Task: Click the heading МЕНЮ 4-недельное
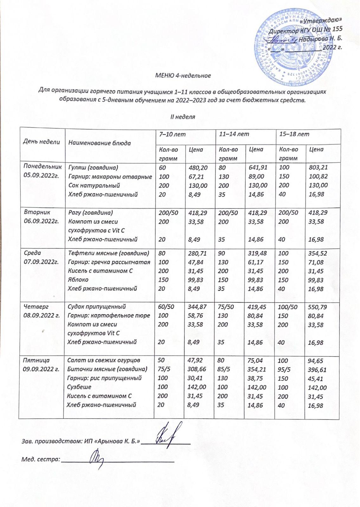[183, 76]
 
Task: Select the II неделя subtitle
[183, 117]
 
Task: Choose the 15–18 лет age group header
[294, 134]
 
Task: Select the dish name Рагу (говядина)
[91, 213]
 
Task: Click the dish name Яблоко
[78, 279]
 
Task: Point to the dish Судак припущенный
[97, 306]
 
